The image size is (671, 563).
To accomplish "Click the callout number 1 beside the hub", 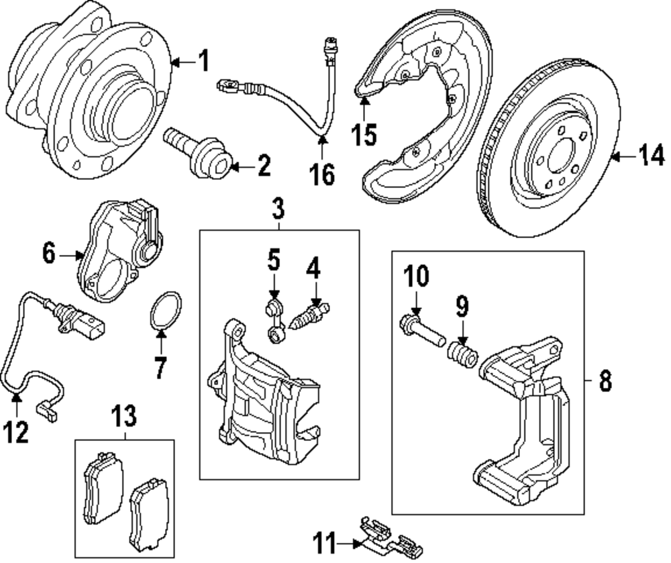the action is click(x=205, y=61).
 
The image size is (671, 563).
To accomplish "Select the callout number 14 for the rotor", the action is click(x=651, y=155).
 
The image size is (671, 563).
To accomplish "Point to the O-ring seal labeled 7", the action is click(x=165, y=311).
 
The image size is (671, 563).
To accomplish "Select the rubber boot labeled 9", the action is click(x=462, y=354).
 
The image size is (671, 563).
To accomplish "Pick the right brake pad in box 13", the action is click(x=150, y=515).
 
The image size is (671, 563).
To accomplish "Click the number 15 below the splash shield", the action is click(x=364, y=134).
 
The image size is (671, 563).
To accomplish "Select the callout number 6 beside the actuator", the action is click(x=49, y=254).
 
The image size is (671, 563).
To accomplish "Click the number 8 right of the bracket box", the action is click(x=605, y=380).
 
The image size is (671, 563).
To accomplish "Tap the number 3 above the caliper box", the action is click(x=278, y=209).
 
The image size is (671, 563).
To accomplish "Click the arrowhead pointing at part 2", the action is click(x=234, y=166).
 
